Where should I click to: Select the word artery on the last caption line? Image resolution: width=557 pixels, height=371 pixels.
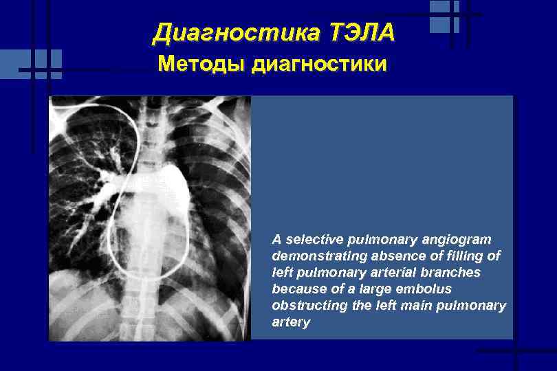[291, 322]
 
